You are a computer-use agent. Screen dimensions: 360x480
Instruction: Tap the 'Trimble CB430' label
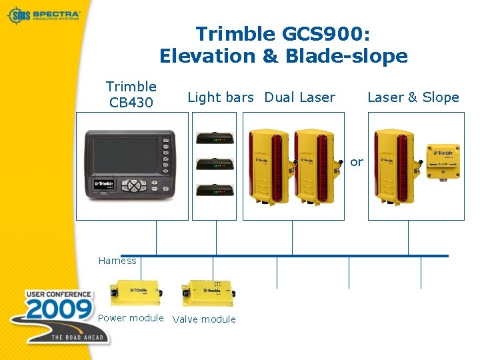pos(131,94)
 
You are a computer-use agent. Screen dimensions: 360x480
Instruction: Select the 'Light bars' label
pos(221,97)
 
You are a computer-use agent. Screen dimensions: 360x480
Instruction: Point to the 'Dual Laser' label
pos(299,97)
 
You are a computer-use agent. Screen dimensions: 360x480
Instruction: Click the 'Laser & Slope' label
pos(413,97)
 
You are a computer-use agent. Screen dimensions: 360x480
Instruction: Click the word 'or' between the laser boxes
pos(357,162)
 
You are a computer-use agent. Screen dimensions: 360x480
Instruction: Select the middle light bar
pos(214,163)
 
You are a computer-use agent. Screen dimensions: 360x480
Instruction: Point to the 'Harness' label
pos(117,261)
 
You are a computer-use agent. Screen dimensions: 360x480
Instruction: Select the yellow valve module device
pos(207,293)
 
